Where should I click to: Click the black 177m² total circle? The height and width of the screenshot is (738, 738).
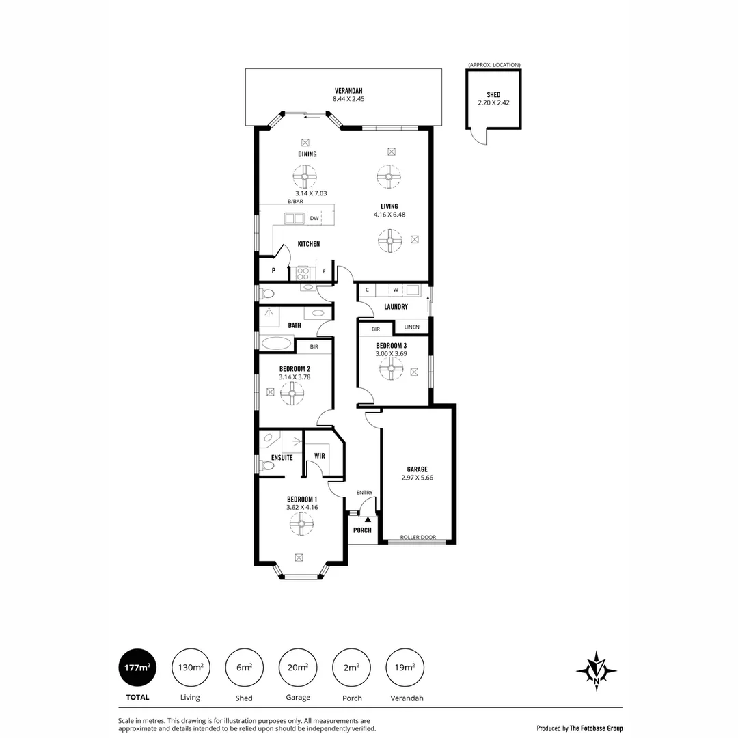(x=137, y=667)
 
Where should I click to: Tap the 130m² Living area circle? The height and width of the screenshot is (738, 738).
(x=190, y=667)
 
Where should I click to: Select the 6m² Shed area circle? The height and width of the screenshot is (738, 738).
(x=244, y=667)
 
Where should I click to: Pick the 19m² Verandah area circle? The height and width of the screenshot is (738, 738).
(x=405, y=667)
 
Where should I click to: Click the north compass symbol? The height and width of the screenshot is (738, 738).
(x=597, y=670)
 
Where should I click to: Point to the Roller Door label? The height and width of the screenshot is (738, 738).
(x=418, y=537)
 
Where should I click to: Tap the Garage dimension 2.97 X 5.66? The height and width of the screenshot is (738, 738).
(x=417, y=478)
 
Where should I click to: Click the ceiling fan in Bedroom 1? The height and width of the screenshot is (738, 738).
(x=301, y=524)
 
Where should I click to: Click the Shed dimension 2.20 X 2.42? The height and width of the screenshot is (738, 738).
(x=493, y=103)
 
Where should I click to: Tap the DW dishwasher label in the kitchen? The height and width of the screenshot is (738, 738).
(x=314, y=219)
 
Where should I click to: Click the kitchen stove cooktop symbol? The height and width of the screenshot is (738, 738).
(x=303, y=273)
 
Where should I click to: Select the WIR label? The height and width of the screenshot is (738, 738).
(x=319, y=455)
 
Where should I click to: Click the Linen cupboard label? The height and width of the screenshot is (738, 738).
(x=411, y=327)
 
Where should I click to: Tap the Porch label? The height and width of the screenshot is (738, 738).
(x=362, y=530)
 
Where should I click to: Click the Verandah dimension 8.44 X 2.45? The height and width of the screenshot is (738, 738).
(x=348, y=99)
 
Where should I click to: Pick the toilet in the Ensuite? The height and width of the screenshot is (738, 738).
(x=268, y=466)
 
